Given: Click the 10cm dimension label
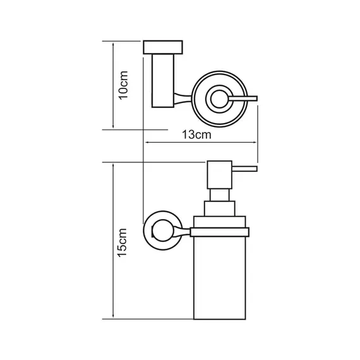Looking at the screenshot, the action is (x=123, y=85).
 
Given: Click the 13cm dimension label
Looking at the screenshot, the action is (x=196, y=135).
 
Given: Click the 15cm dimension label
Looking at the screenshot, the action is (x=122, y=243).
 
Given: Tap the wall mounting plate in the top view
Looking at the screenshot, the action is (x=163, y=47).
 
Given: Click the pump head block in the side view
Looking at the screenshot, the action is (x=220, y=175).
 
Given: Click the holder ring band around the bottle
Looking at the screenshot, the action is (x=220, y=232).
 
